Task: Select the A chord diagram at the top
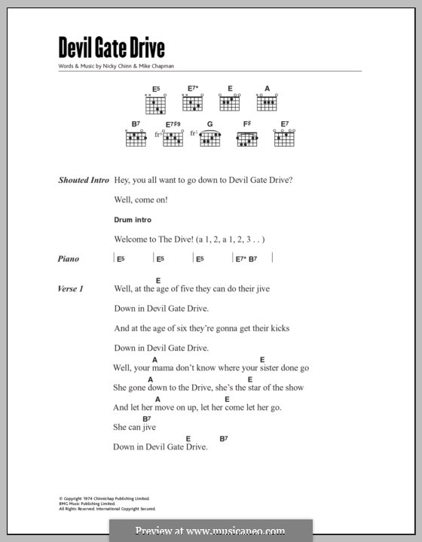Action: (267, 101)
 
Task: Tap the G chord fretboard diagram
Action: (209, 138)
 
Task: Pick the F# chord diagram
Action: (246, 138)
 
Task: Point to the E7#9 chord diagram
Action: (173, 138)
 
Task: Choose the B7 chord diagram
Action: (136, 138)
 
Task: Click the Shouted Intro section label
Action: (83, 181)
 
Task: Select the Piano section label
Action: (69, 259)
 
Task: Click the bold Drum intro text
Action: (133, 220)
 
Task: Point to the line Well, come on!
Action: (141, 200)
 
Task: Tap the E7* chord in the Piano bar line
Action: (240, 259)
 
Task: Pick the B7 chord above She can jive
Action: (146, 418)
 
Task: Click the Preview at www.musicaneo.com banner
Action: (210, 530)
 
